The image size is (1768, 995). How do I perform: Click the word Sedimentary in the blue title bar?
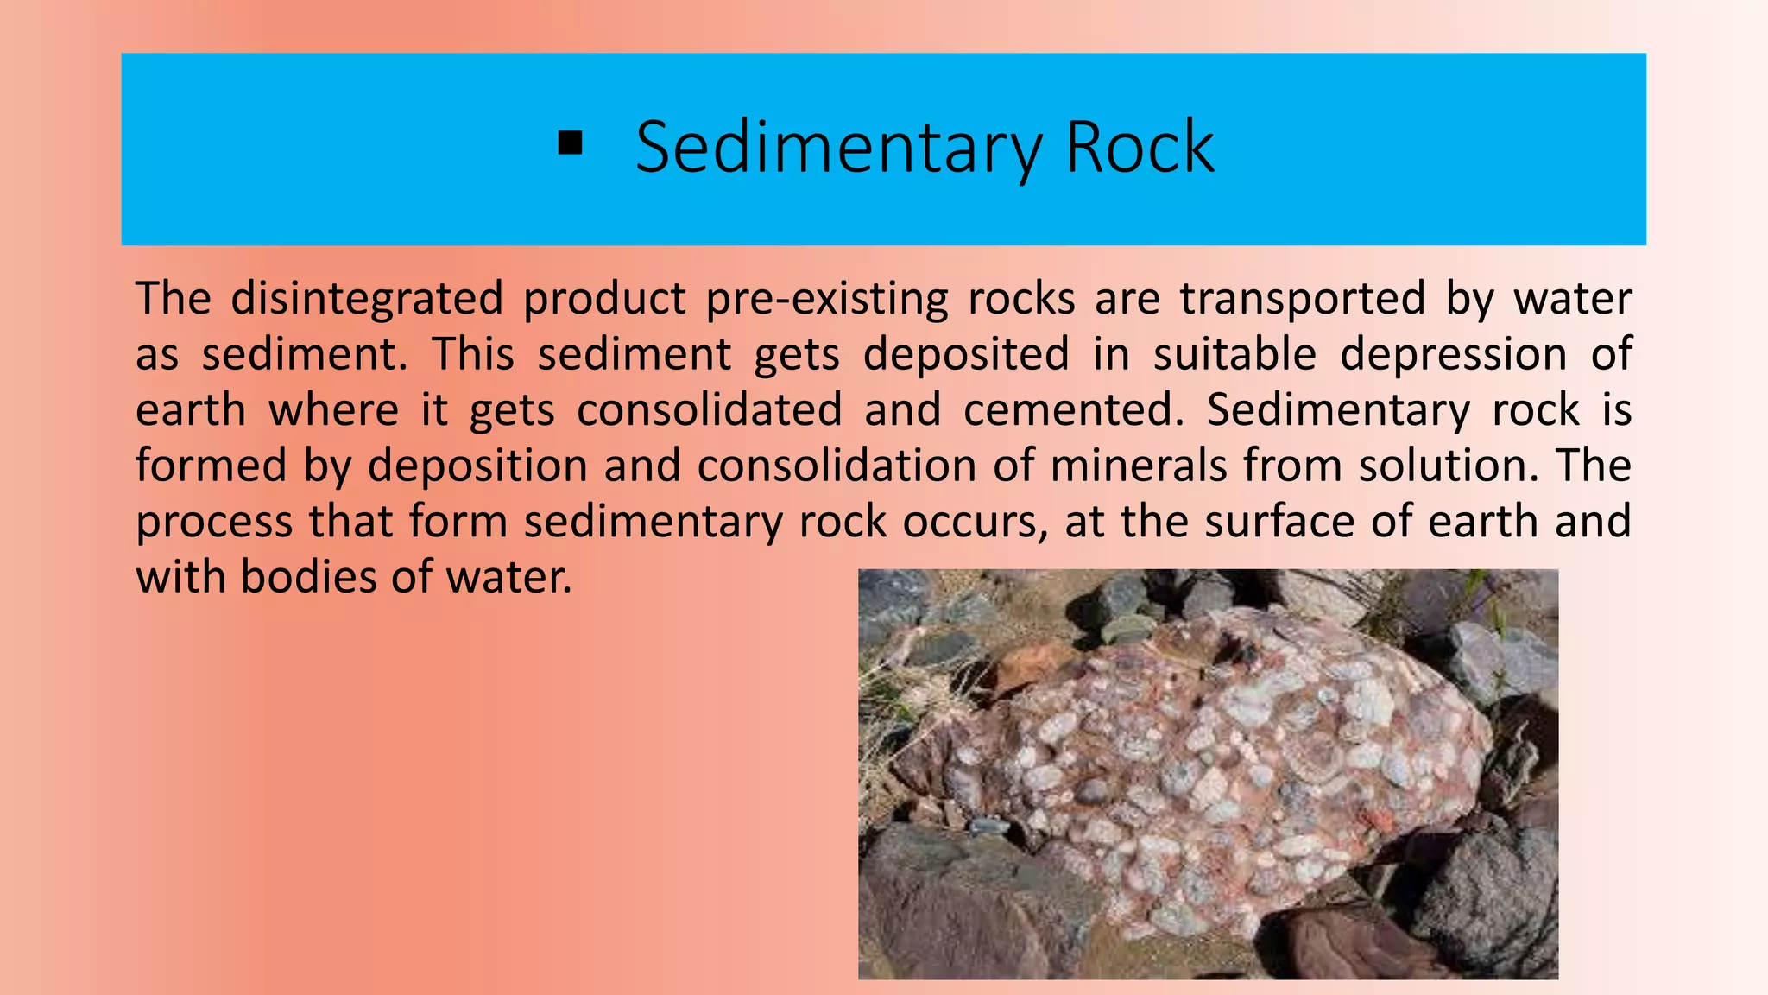coord(838,148)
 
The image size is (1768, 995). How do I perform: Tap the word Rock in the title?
coord(1140,148)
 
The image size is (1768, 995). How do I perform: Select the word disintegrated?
coord(367,299)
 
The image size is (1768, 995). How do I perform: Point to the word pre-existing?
coord(826,299)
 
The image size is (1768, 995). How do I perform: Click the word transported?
coord(1303,299)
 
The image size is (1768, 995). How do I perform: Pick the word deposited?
coord(966,354)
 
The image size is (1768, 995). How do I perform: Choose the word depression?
coord(1453,354)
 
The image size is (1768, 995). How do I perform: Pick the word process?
coord(214,523)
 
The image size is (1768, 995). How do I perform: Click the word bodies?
coord(308,577)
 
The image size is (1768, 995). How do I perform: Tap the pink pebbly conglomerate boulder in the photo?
coord(1209,760)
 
